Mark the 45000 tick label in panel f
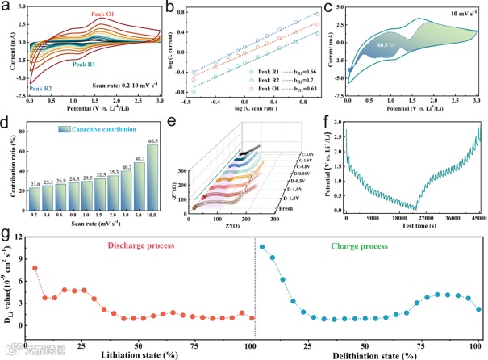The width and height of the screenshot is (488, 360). [x=473, y=219]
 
